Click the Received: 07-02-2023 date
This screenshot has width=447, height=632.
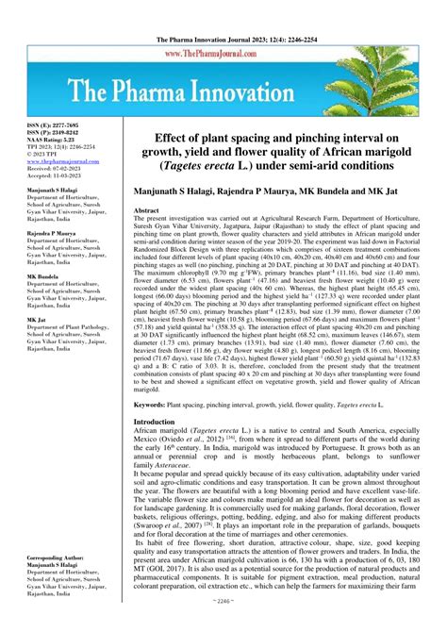coord(54,169)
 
